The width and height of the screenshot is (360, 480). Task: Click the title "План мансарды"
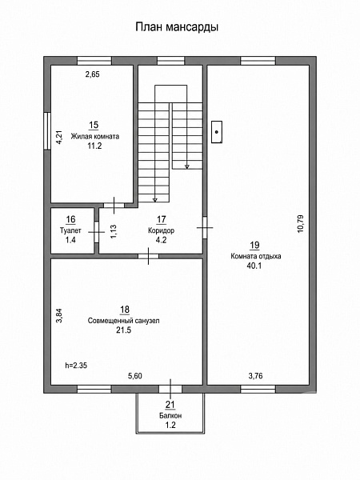pyautogui.click(x=177, y=27)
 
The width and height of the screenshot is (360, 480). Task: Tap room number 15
pyautogui.click(x=94, y=125)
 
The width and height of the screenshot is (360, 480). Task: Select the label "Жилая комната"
pyautogui.click(x=95, y=136)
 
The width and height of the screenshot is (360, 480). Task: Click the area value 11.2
pyautogui.click(x=94, y=146)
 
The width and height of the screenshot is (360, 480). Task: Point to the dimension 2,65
pyautogui.click(x=93, y=74)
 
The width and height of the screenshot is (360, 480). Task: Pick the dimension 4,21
pyautogui.click(x=59, y=137)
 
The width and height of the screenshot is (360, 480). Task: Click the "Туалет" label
pyautogui.click(x=70, y=230)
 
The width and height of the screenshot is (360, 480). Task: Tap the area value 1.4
pyautogui.click(x=70, y=240)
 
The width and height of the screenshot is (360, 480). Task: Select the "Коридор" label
pyautogui.click(x=162, y=230)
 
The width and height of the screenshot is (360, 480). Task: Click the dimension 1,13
pyautogui.click(x=114, y=232)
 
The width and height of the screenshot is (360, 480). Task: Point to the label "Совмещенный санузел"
pyautogui.click(x=124, y=321)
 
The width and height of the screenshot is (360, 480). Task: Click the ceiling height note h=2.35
pyautogui.click(x=76, y=366)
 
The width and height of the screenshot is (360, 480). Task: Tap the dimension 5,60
pyautogui.click(x=135, y=376)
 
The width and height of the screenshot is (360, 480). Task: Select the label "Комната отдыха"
pyautogui.click(x=256, y=256)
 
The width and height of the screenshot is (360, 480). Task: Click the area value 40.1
pyautogui.click(x=254, y=266)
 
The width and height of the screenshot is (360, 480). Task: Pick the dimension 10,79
pyautogui.click(x=300, y=224)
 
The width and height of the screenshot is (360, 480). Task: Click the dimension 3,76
pyautogui.click(x=256, y=376)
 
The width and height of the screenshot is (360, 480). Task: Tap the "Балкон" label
pyautogui.click(x=170, y=415)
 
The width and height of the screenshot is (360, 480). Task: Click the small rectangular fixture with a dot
pyautogui.click(x=217, y=132)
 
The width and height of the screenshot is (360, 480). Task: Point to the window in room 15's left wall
pyautogui.click(x=47, y=131)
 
